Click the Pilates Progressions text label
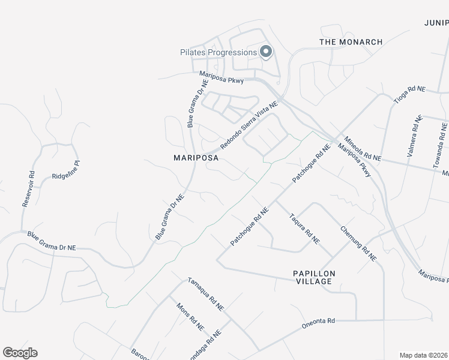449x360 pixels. click(218, 52)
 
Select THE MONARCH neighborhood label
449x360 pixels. click(351, 42)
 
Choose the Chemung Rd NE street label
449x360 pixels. click(358, 243)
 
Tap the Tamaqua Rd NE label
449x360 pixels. click(205, 293)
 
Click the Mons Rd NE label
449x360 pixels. click(190, 317)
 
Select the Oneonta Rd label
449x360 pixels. click(319, 323)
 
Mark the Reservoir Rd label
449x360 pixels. click(28, 190)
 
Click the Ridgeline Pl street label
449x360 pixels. click(65, 171)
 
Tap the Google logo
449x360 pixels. click(20, 353)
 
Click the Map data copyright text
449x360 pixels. click(424, 355)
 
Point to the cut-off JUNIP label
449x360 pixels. click(436, 22)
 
